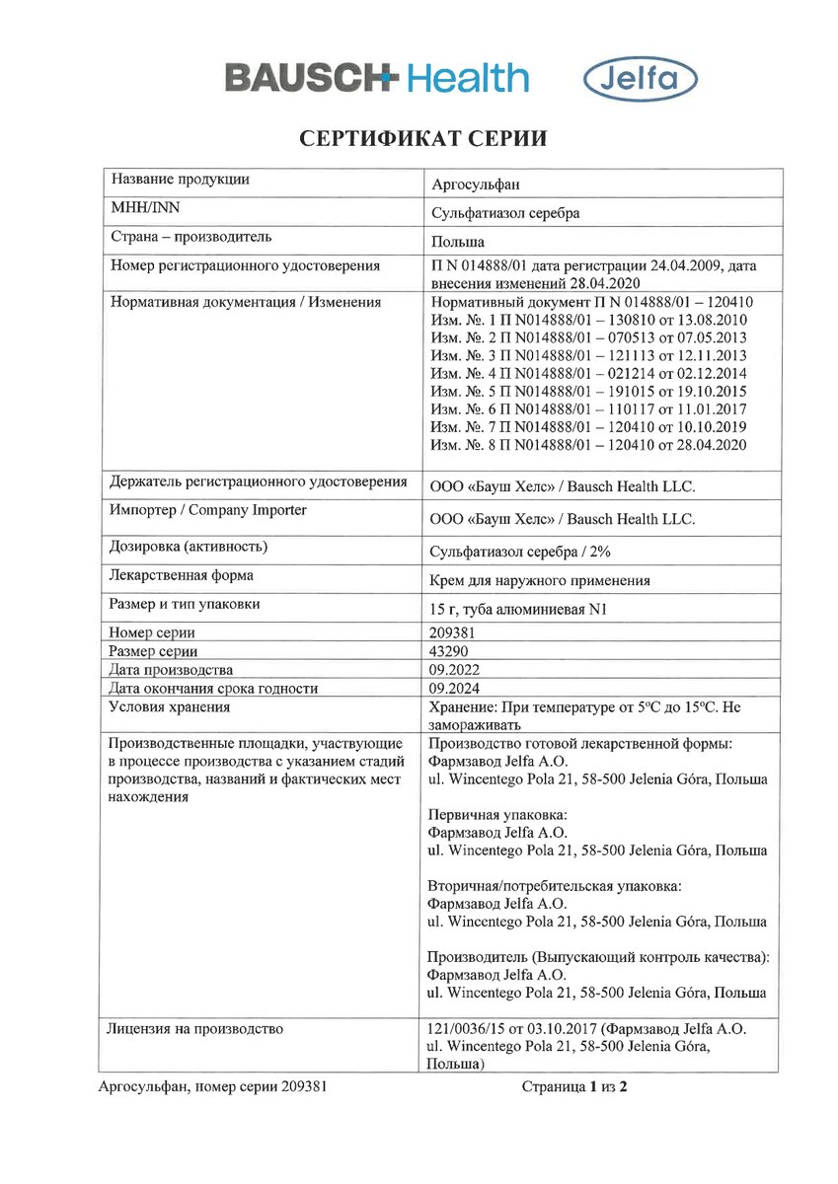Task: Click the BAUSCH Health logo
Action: pos(377,78)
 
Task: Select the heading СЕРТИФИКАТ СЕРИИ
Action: pos(423,139)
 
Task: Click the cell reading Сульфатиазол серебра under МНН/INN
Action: pos(505,212)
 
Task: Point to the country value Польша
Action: pos(459,242)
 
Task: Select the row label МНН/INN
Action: pos(145,208)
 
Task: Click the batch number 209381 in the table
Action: pos(455,633)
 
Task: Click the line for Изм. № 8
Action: pos(589,445)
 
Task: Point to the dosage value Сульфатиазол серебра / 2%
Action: pos(528,552)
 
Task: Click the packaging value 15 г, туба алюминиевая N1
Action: pos(518,610)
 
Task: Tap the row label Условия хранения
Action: pos(170,706)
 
